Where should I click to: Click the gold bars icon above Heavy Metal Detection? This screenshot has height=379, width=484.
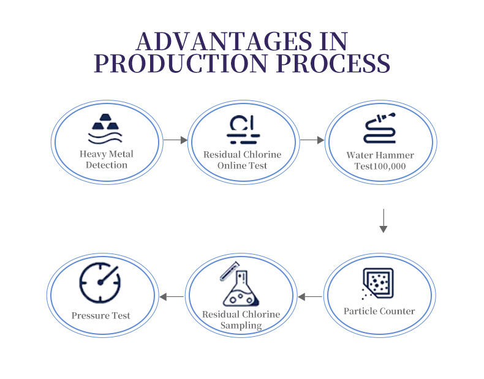coord(107,128)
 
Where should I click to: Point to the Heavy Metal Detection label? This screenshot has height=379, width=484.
coord(107,160)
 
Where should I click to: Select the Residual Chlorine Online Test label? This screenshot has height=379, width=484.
coord(243,160)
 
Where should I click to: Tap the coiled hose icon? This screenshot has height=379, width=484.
coord(380,129)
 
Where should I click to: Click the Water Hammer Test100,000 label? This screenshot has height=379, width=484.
coord(380,160)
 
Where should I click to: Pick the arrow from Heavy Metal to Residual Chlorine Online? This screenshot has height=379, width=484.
coord(175,140)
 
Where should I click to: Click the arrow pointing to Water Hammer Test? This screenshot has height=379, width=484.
coord(312,140)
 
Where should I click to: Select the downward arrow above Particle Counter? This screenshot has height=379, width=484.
coord(384,220)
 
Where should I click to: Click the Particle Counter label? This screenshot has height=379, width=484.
coord(379,311)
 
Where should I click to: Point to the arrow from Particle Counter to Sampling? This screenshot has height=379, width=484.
coord(310,297)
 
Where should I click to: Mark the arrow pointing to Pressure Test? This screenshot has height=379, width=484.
coord(172,297)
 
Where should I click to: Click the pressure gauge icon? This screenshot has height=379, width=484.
coord(100,282)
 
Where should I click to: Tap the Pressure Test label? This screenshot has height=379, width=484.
coord(100,316)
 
